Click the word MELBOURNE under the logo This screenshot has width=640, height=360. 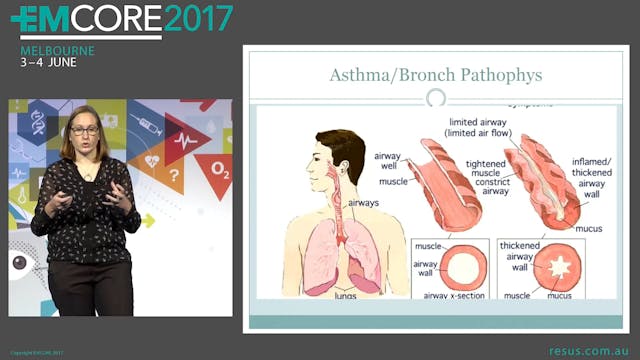pos(58,50)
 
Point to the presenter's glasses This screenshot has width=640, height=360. pos(84,130)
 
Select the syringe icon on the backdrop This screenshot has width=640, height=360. pos(147,126)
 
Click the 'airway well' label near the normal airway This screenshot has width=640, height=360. pos(386,162)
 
